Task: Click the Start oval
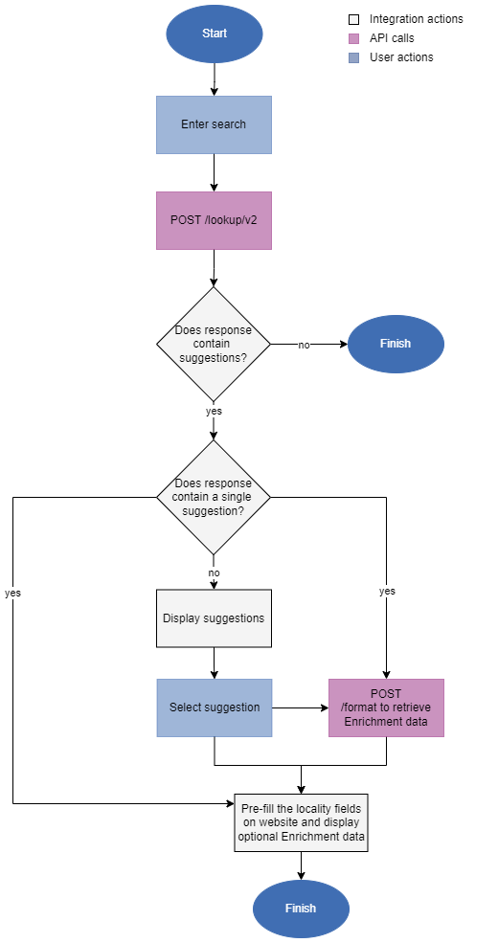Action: [x=214, y=34]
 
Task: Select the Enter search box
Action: [x=214, y=124]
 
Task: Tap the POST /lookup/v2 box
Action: [x=214, y=220]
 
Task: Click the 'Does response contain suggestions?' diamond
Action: [x=214, y=344]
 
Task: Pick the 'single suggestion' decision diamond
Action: [x=214, y=497]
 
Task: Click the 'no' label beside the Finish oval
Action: [x=304, y=345]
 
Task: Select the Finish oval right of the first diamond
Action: [x=396, y=344]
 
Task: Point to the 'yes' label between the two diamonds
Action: [x=214, y=411]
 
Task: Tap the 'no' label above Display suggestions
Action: [x=214, y=573]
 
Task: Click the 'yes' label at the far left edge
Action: [x=12, y=593]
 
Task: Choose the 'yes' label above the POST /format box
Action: [x=387, y=592]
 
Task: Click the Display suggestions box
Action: [x=214, y=618]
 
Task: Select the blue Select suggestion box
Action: [x=214, y=707]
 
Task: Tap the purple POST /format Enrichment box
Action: [x=386, y=707]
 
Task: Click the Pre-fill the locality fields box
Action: [x=301, y=822]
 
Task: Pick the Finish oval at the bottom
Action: [x=301, y=909]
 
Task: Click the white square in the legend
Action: [x=354, y=19]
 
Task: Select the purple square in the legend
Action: [x=354, y=39]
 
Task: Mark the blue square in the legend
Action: [x=354, y=57]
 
